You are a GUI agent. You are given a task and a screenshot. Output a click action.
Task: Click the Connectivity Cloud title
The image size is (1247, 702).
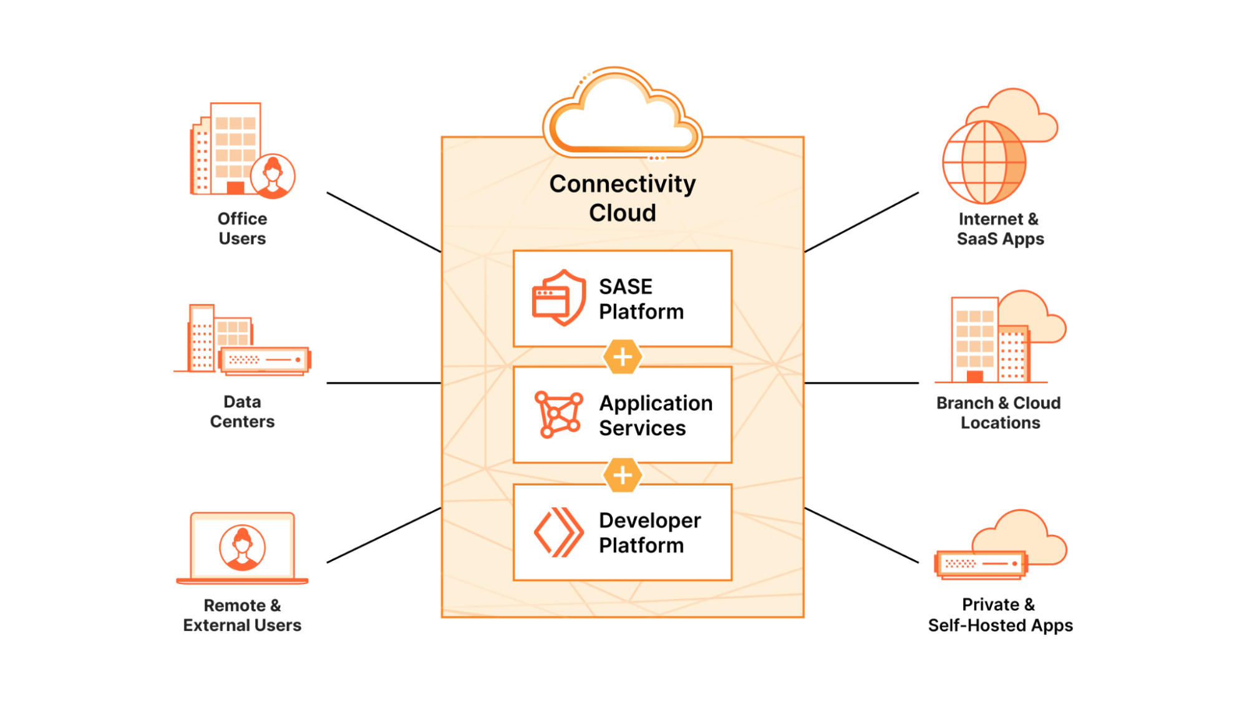(x=622, y=198)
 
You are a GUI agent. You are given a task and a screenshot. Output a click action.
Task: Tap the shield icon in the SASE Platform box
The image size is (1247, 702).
(x=560, y=298)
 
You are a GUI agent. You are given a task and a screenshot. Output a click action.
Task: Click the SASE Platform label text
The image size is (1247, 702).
(x=641, y=299)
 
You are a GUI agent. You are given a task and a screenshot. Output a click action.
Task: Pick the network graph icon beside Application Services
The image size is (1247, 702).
(x=558, y=414)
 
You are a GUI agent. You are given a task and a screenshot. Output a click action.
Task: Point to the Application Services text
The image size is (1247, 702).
(x=655, y=416)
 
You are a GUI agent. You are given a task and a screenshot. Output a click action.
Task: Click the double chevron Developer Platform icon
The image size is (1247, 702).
(x=558, y=532)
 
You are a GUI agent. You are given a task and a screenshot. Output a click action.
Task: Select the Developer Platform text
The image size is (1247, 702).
(x=649, y=532)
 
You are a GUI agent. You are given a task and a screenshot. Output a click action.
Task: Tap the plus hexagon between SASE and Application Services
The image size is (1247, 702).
(x=623, y=357)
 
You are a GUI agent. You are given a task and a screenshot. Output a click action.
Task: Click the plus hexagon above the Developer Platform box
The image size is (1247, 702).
(x=623, y=475)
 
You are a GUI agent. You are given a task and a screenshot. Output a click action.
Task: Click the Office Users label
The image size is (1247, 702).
(x=242, y=228)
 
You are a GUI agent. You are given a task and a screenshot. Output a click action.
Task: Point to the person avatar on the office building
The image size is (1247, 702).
(x=273, y=176)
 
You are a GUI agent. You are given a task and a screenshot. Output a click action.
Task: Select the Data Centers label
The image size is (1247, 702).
(x=242, y=411)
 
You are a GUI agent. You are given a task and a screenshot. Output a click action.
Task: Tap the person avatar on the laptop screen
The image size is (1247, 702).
(x=242, y=547)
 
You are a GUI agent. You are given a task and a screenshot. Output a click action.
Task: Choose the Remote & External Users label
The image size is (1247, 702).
(x=242, y=615)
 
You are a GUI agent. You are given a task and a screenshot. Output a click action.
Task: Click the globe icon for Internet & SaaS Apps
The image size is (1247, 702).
(x=984, y=162)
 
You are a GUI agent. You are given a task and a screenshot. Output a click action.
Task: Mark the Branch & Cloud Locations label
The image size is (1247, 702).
(x=999, y=412)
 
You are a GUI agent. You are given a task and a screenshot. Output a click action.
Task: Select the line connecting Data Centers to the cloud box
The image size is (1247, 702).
(x=384, y=383)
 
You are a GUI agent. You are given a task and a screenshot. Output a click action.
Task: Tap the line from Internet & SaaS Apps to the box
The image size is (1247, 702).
(x=861, y=222)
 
